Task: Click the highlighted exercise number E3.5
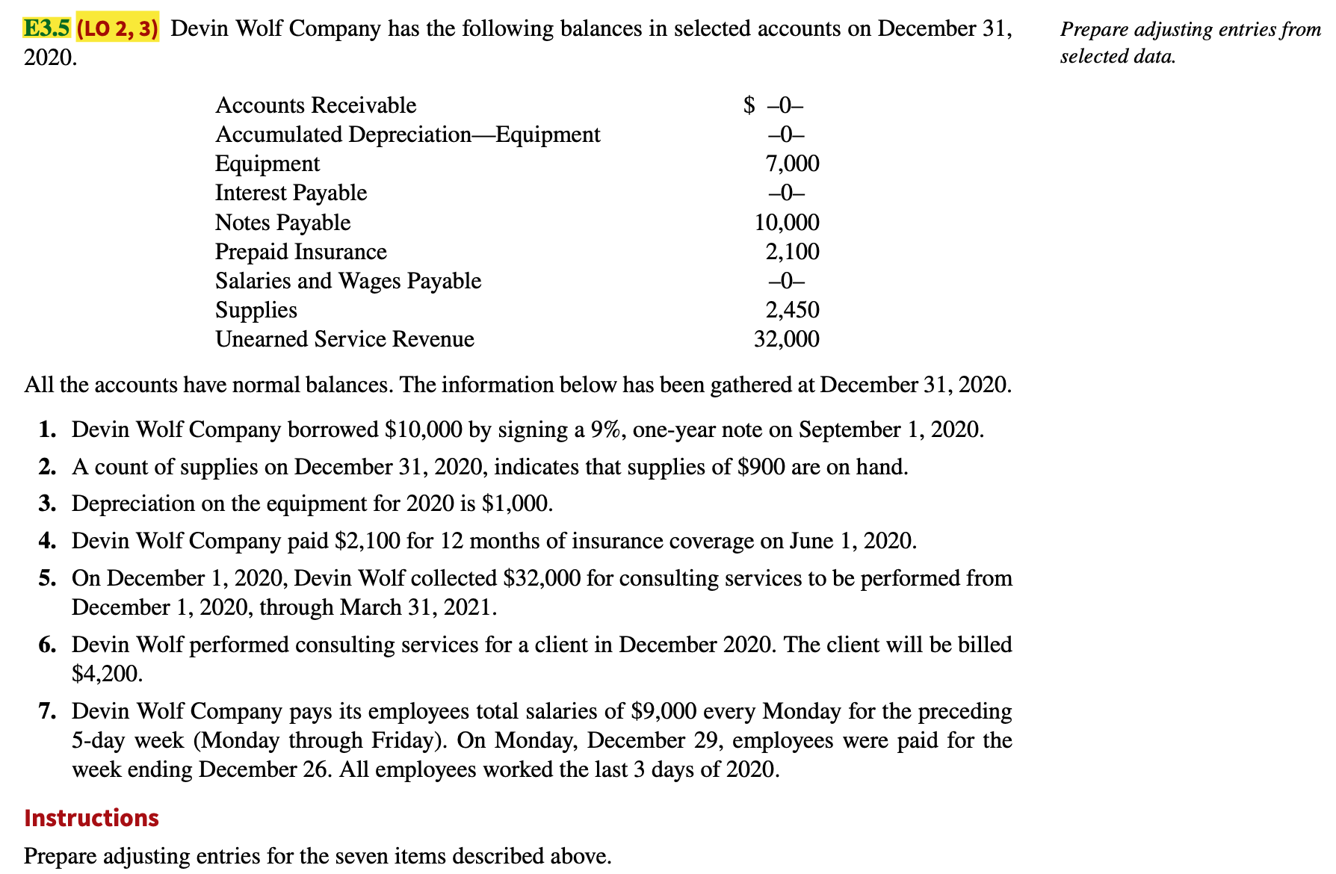46,28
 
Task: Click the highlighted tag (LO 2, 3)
117,28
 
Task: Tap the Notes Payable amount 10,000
787,223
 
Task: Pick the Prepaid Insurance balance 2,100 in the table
792,252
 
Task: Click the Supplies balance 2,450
792,310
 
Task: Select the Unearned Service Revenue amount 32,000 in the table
787,339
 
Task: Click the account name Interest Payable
291,193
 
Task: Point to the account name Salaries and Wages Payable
348,281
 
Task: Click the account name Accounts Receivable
315,105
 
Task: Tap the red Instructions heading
91,818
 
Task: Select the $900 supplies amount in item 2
761,467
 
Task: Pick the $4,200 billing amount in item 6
105,674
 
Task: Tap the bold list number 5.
48,578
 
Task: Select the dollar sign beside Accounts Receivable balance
749,105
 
